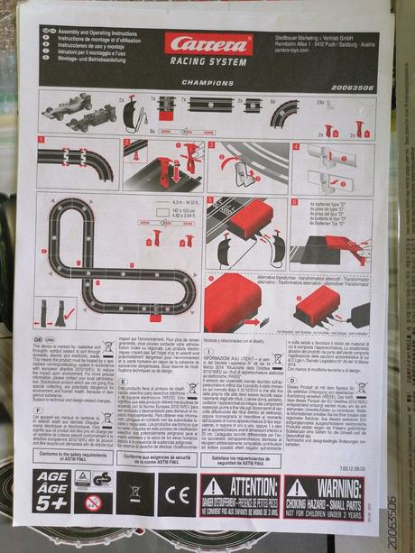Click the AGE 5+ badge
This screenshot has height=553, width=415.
point(53,492)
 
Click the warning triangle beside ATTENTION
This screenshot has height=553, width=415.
point(211,484)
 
